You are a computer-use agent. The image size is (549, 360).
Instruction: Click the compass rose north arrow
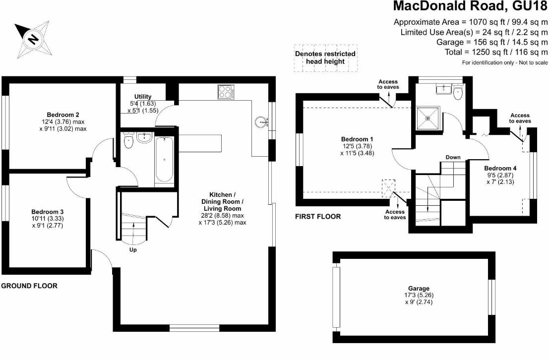(x=32, y=39)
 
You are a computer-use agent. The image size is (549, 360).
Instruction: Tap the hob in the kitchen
(x=226, y=92)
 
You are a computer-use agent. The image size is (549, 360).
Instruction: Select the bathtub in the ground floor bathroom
(x=164, y=160)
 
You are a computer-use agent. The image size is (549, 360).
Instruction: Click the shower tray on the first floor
(x=428, y=117)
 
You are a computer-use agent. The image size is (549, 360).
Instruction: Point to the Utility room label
(x=143, y=96)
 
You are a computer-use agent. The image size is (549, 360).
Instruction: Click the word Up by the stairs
(x=133, y=249)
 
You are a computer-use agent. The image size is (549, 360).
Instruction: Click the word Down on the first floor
(x=453, y=157)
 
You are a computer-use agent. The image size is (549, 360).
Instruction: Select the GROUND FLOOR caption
(x=29, y=286)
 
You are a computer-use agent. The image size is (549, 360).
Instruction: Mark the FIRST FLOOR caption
(x=317, y=217)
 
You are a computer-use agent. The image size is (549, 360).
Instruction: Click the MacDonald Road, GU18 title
(x=470, y=7)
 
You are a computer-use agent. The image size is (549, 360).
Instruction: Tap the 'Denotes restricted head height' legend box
(x=325, y=58)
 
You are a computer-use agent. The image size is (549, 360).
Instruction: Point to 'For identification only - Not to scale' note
(x=505, y=62)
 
